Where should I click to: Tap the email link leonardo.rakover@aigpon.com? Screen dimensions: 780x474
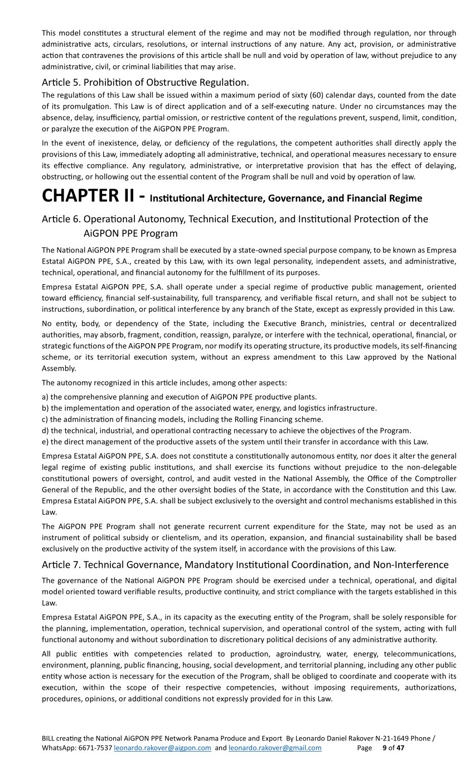[x=162, y=748]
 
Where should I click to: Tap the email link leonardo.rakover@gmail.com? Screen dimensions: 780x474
[x=275, y=748]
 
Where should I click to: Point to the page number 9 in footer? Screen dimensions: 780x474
[x=384, y=748]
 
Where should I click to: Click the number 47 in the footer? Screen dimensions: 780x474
[x=400, y=748]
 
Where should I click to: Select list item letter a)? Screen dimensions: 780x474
[x=45, y=397]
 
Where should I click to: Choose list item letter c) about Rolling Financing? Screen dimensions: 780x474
[x=45, y=419]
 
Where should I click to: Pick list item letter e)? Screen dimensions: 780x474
[x=45, y=442]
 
